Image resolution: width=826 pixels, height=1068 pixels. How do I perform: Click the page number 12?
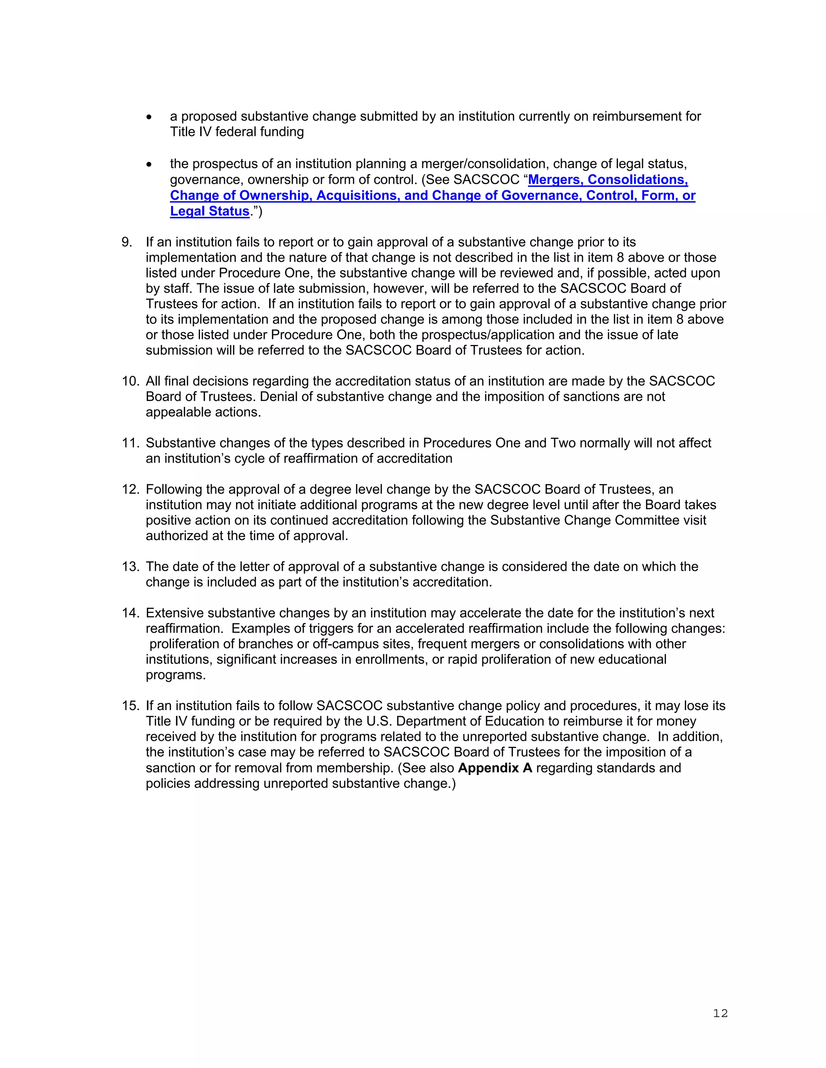(x=720, y=1013)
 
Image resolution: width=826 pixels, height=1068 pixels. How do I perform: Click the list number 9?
(x=127, y=242)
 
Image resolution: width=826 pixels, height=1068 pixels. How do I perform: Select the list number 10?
(x=130, y=381)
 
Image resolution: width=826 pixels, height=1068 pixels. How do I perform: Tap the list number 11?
(x=130, y=443)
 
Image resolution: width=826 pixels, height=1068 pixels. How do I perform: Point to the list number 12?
(x=130, y=490)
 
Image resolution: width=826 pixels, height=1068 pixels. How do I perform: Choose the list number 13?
(x=130, y=567)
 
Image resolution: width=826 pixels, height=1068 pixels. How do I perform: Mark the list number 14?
(x=130, y=613)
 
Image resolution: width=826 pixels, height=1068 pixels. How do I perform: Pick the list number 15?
(x=130, y=706)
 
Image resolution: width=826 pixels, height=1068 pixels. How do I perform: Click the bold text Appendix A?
(x=495, y=768)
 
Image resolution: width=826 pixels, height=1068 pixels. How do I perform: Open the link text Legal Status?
(x=209, y=211)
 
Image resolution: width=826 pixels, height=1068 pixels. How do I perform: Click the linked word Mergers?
(x=556, y=180)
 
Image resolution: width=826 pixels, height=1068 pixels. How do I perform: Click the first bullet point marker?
(x=149, y=117)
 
